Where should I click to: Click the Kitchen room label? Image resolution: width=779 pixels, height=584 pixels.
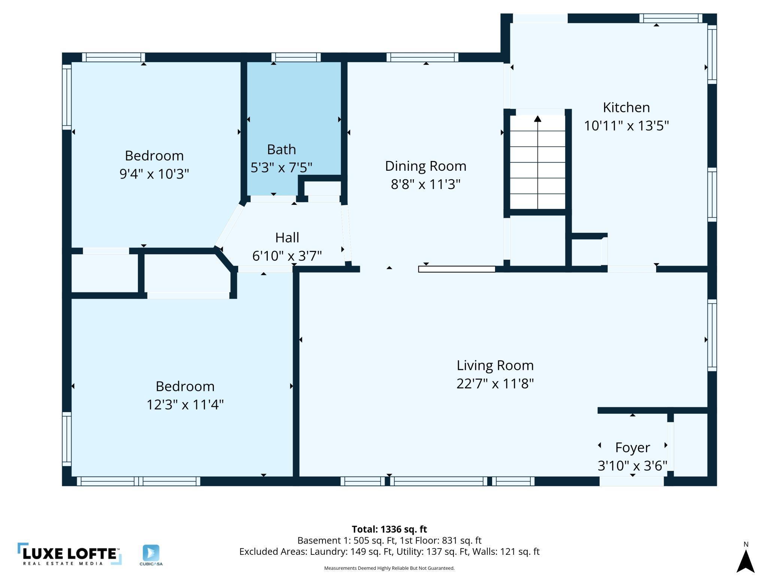click(626, 107)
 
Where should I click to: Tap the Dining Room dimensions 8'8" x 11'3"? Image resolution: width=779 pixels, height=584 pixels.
click(425, 184)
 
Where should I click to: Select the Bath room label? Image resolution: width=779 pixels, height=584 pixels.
click(281, 149)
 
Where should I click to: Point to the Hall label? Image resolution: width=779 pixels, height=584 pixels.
click(287, 237)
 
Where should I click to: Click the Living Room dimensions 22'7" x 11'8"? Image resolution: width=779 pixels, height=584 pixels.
click(495, 384)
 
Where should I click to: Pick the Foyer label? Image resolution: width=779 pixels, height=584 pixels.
click(632, 448)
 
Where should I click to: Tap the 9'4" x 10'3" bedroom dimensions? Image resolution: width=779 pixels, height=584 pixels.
click(154, 174)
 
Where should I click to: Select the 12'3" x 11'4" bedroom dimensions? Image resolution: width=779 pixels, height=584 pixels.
click(185, 404)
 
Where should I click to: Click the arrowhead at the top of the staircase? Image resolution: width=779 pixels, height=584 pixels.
click(538, 119)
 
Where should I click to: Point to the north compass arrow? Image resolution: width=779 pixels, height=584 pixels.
click(746, 561)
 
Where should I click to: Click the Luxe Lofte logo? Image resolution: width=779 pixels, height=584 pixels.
click(70, 554)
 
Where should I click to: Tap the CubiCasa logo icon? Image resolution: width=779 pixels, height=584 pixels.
click(151, 553)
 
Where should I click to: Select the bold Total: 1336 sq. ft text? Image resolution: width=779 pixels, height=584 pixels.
click(389, 529)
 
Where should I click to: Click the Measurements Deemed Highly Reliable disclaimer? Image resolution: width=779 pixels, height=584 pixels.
click(389, 568)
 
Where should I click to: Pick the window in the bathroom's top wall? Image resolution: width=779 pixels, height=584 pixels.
click(296, 57)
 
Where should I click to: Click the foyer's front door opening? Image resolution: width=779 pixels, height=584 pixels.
click(631, 481)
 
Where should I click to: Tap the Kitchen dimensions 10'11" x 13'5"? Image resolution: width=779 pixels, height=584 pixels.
click(626, 125)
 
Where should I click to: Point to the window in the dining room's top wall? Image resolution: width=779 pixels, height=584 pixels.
click(422, 57)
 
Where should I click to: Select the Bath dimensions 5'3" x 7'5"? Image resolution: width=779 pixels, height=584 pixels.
click(281, 167)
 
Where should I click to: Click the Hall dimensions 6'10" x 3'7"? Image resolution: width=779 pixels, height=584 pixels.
click(287, 256)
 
